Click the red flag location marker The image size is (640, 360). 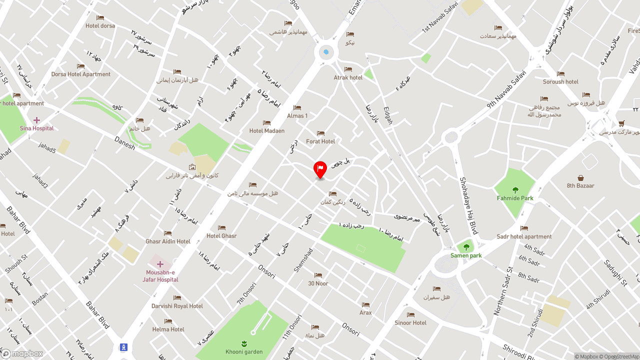coord(320,169)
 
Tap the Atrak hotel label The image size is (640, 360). coord(348,77)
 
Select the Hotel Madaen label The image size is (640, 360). coord(266,131)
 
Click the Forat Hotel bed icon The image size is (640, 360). coord(320,133)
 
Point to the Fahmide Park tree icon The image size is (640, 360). coord(515,190)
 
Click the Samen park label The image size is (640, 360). coord(466,255)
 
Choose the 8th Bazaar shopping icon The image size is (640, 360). coord(580,178)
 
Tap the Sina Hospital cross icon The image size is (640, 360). coord(36,120)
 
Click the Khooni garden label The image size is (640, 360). coord(244,352)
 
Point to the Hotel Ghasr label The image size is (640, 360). coord(221,236)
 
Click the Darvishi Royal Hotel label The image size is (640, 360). coord(177,306)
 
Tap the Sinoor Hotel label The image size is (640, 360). coord(410,323)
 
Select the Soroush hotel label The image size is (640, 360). coord(560,82)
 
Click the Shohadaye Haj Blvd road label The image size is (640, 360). coord(468,205)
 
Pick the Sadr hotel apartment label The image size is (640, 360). coord(524,237)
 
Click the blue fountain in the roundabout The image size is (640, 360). coord(326,52)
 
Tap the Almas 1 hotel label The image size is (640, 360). coord(297,116)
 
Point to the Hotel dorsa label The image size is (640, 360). coord(100,26)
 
